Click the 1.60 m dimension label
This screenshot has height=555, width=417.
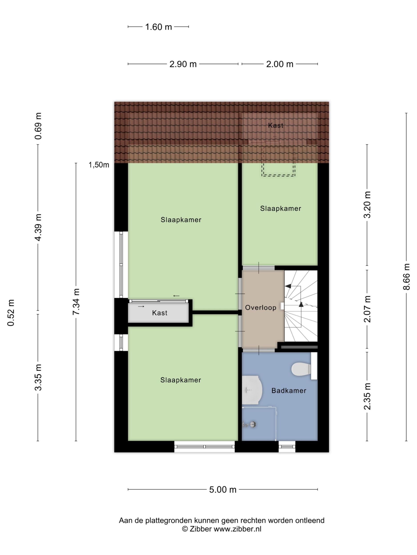pyautogui.click(x=158, y=27)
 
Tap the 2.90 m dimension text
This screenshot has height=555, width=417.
pyautogui.click(x=183, y=64)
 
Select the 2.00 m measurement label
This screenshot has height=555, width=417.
pyautogui.click(x=280, y=64)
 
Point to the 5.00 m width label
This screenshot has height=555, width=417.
pyautogui.click(x=223, y=490)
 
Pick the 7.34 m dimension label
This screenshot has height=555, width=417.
pyautogui.click(x=76, y=301)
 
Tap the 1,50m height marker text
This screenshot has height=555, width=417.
pyautogui.click(x=99, y=165)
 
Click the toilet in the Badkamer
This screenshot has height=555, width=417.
pyautogui.click(x=301, y=369)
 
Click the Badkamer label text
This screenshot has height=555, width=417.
pyautogui.click(x=289, y=390)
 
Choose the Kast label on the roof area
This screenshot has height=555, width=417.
pyautogui.click(x=276, y=125)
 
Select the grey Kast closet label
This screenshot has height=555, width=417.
pyautogui.click(x=160, y=313)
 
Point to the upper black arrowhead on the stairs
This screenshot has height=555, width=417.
pyautogui.click(x=288, y=286)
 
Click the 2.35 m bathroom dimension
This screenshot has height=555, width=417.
pyautogui.click(x=367, y=396)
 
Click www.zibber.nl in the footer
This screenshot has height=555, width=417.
pyautogui.click(x=237, y=529)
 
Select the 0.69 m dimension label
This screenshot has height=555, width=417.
pyautogui.click(x=38, y=126)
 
